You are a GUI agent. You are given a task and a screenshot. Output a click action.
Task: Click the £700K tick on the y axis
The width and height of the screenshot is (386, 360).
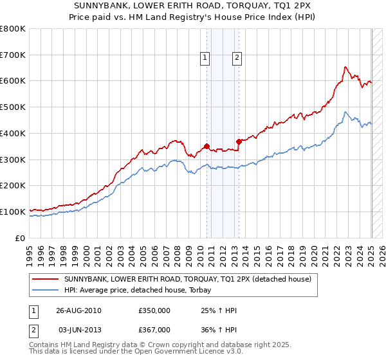click(x=13, y=55)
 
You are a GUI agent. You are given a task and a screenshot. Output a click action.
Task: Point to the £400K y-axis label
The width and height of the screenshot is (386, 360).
click(x=13, y=133)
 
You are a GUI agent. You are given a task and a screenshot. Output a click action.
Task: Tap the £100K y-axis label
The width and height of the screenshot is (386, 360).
click(x=13, y=212)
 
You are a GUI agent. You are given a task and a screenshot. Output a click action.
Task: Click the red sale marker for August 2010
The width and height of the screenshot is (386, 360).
click(x=207, y=146)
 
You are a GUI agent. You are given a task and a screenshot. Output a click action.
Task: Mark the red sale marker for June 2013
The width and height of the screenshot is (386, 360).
click(x=239, y=141)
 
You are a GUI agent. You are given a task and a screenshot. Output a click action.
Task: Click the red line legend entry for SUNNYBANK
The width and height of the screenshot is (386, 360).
click(x=187, y=280)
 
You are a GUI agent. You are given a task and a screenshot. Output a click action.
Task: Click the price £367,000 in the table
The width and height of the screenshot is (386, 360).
click(x=154, y=329)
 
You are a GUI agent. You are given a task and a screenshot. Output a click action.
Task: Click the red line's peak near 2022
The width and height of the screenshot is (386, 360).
click(x=345, y=67)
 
